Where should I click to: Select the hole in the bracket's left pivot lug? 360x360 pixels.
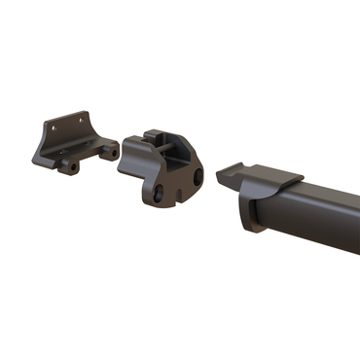[x=68, y=166]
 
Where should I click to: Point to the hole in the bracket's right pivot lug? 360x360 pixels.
[x=113, y=153]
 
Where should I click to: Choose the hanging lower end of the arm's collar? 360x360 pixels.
[x=247, y=219]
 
